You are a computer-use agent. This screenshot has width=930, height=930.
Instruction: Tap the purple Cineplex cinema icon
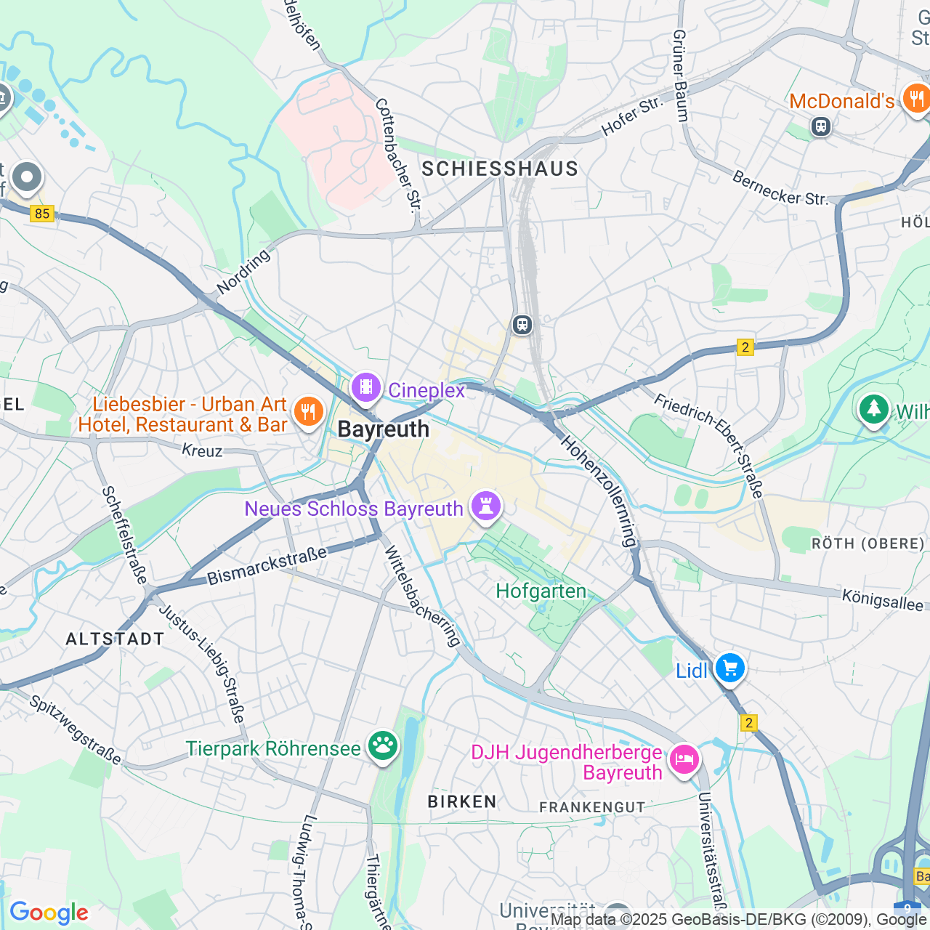coord(366,387)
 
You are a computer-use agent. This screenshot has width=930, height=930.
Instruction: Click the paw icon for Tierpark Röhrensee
coord(382,745)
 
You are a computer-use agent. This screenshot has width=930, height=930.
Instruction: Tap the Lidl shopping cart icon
coord(729,668)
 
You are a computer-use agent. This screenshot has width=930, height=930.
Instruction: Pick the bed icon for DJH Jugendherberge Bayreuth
coord(684,760)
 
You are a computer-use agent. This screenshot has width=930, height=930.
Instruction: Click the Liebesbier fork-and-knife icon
coord(309,412)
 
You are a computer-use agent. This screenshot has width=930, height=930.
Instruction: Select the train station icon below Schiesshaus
coord(522,325)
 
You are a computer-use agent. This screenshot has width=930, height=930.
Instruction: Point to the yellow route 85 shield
coord(42,213)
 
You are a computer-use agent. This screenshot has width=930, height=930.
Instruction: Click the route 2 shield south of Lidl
coord(748,723)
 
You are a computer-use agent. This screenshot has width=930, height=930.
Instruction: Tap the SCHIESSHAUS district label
coord(500,169)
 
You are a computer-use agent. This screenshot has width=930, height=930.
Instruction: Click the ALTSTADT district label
coord(115,639)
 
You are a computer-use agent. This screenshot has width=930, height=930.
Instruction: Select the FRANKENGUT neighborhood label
coord(592,807)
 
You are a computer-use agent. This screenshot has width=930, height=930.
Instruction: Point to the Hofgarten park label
coord(541,591)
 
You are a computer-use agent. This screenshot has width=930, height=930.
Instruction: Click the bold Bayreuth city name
coord(384,429)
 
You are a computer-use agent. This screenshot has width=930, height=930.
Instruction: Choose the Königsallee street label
coord(882,600)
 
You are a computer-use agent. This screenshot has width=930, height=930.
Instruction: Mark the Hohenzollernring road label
coord(599,492)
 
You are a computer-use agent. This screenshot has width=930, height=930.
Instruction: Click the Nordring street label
coord(243,272)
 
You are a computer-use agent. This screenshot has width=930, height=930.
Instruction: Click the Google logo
coord(49,913)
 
